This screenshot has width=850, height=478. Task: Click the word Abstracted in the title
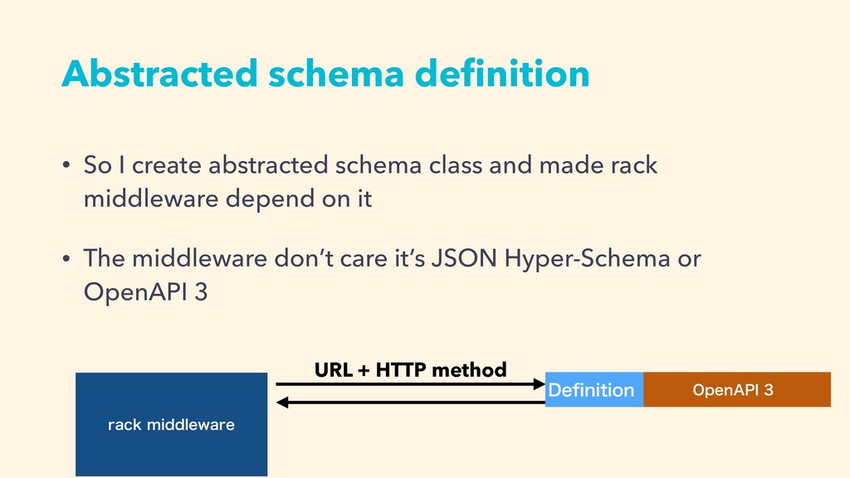click(159, 73)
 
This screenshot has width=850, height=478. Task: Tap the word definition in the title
click(502, 73)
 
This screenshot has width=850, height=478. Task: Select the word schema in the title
click(336, 73)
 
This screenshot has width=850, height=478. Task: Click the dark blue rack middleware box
click(171, 424)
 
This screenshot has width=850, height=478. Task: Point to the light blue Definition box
click(594, 389)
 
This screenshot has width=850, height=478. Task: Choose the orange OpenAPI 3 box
click(737, 389)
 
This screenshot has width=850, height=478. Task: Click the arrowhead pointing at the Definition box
click(540, 384)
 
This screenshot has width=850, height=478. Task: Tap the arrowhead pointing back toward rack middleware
click(282, 402)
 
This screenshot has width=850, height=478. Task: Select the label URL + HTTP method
click(410, 369)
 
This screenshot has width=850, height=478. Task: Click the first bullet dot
click(66, 165)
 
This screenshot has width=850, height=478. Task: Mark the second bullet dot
click(66, 258)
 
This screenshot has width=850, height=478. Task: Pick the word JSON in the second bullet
click(464, 258)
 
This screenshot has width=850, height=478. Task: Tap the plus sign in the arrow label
click(364, 371)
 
